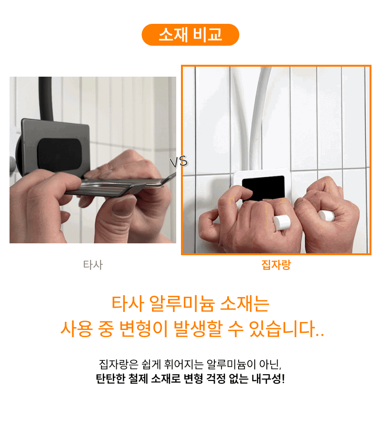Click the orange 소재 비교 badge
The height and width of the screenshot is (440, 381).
(190, 35)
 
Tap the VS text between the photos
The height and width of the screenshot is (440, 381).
(179, 162)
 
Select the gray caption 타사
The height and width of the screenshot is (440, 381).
(93, 265)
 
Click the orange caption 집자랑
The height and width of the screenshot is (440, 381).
(276, 265)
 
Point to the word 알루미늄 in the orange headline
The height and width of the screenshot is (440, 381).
(182, 304)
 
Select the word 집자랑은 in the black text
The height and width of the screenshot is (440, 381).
(119, 364)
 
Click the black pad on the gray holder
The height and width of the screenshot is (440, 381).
(60, 154)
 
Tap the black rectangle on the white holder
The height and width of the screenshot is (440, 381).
(263, 188)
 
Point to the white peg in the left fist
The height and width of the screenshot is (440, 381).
(281, 222)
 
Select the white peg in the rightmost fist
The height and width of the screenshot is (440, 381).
(326, 216)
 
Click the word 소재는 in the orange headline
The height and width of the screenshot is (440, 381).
(245, 304)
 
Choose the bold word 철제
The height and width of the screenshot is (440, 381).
(138, 379)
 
